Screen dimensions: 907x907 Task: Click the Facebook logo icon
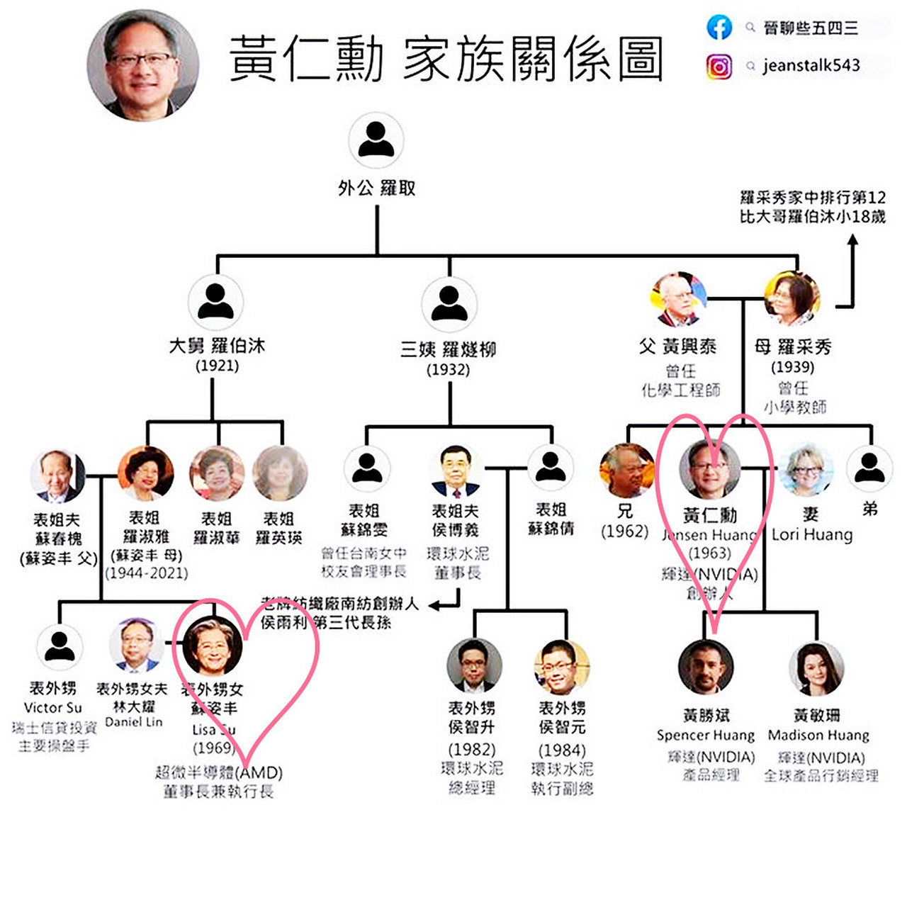(x=719, y=27)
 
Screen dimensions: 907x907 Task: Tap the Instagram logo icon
(x=719, y=67)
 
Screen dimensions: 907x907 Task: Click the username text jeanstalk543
(x=811, y=66)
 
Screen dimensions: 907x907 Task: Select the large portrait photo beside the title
(x=142, y=64)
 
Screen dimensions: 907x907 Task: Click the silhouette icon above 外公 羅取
(x=376, y=140)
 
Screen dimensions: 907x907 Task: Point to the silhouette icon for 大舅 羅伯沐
(x=216, y=301)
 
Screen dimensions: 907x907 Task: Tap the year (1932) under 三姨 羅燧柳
(x=448, y=369)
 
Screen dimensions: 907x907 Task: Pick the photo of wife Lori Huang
(x=806, y=470)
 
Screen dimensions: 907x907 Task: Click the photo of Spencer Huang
(x=706, y=667)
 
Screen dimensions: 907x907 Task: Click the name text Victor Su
(x=53, y=707)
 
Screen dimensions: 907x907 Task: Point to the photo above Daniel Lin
(x=136, y=645)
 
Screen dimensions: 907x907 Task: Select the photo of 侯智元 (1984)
(x=561, y=667)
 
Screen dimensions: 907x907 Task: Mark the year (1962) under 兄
(x=624, y=531)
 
